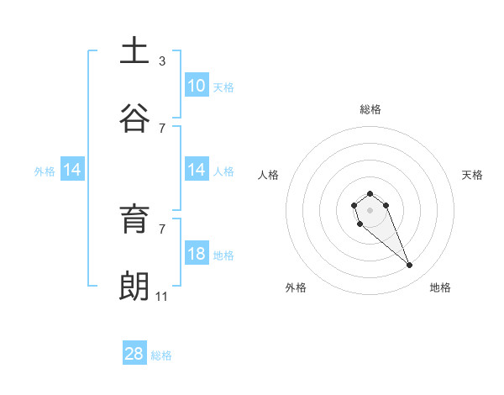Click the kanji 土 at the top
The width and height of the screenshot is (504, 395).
tap(134, 50)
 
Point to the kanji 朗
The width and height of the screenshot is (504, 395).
tap(134, 286)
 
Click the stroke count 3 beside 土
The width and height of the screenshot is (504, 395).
tap(162, 61)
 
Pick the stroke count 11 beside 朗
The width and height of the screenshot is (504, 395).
tap(162, 296)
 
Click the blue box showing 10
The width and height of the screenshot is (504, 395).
tap(197, 85)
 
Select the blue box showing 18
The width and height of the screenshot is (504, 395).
tap(197, 254)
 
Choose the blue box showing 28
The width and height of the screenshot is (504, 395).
tap(134, 354)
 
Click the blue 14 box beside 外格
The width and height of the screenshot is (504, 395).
tap(72, 170)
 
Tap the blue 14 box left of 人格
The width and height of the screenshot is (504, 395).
tap(197, 170)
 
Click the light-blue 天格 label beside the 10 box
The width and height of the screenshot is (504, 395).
tap(223, 87)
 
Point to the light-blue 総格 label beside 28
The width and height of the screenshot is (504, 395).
tap(161, 355)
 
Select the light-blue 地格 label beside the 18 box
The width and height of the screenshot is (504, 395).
tap(223, 255)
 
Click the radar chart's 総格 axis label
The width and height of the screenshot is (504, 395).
tap(370, 109)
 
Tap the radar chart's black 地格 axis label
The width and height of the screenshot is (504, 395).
tap(440, 288)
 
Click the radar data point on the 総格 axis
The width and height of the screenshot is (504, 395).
tap(370, 193)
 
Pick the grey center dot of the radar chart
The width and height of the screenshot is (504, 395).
tap(370, 210)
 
